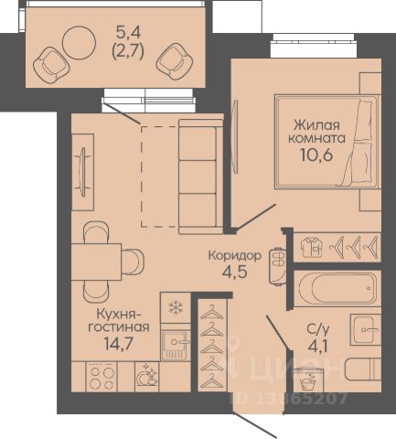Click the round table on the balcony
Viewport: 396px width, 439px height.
pyautogui.click(x=79, y=43)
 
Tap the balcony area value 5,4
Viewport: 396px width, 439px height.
pyautogui.click(x=128, y=32)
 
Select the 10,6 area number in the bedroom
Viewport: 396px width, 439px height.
pyautogui.click(x=316, y=155)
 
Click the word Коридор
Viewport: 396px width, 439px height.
pyautogui.click(x=235, y=256)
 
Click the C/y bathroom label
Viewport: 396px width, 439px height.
pyautogui.click(x=318, y=329)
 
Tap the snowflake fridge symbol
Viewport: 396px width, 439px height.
pyautogui.click(x=176, y=307)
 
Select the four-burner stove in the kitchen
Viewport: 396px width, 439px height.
pyautogui.click(x=102, y=377)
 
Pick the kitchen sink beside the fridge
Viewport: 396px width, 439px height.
pyautogui.click(x=175, y=346)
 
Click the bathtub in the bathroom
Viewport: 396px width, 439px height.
pyautogui.click(x=337, y=288)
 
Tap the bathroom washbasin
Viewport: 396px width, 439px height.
pyautogui.click(x=365, y=329)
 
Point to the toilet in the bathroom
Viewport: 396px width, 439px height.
pyautogui.click(x=363, y=369)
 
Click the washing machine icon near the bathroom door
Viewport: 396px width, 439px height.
pyautogui.click(x=309, y=380)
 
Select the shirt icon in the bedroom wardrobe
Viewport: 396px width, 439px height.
pyautogui.click(x=311, y=247)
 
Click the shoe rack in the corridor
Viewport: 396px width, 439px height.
pyautogui.click(x=277, y=266)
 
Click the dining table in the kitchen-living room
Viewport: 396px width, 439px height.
pyautogui.click(x=96, y=262)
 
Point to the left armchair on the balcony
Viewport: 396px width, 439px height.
pyautogui.click(x=51, y=64)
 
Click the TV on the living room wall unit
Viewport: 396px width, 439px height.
pyautogui.click(x=82, y=172)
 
